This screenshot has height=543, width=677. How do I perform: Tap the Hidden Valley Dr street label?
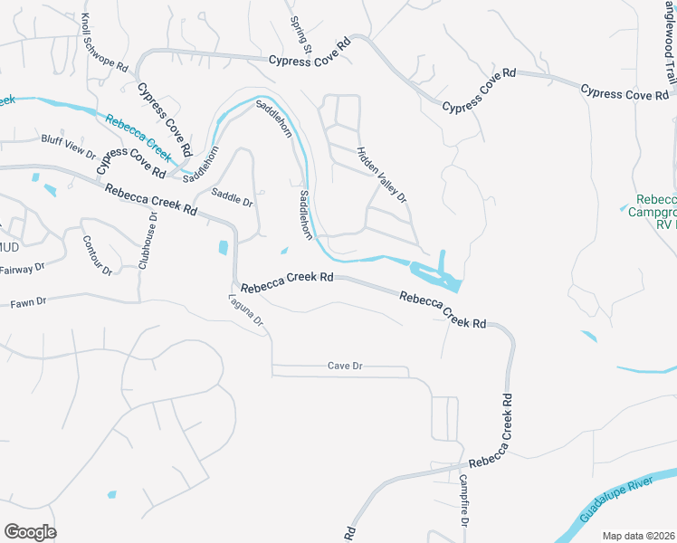point(382,174)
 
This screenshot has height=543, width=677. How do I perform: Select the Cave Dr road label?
point(345,366)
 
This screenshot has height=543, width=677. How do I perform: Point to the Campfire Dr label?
point(463,501)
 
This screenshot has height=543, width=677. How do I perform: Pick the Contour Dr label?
point(96,255)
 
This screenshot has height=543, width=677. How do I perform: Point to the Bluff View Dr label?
point(68,142)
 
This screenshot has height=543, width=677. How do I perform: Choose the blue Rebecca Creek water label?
point(138,133)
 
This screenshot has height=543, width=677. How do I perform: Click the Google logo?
point(30,532)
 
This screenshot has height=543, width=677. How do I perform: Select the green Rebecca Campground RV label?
point(656,212)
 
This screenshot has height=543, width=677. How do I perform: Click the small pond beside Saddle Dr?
point(224,246)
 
